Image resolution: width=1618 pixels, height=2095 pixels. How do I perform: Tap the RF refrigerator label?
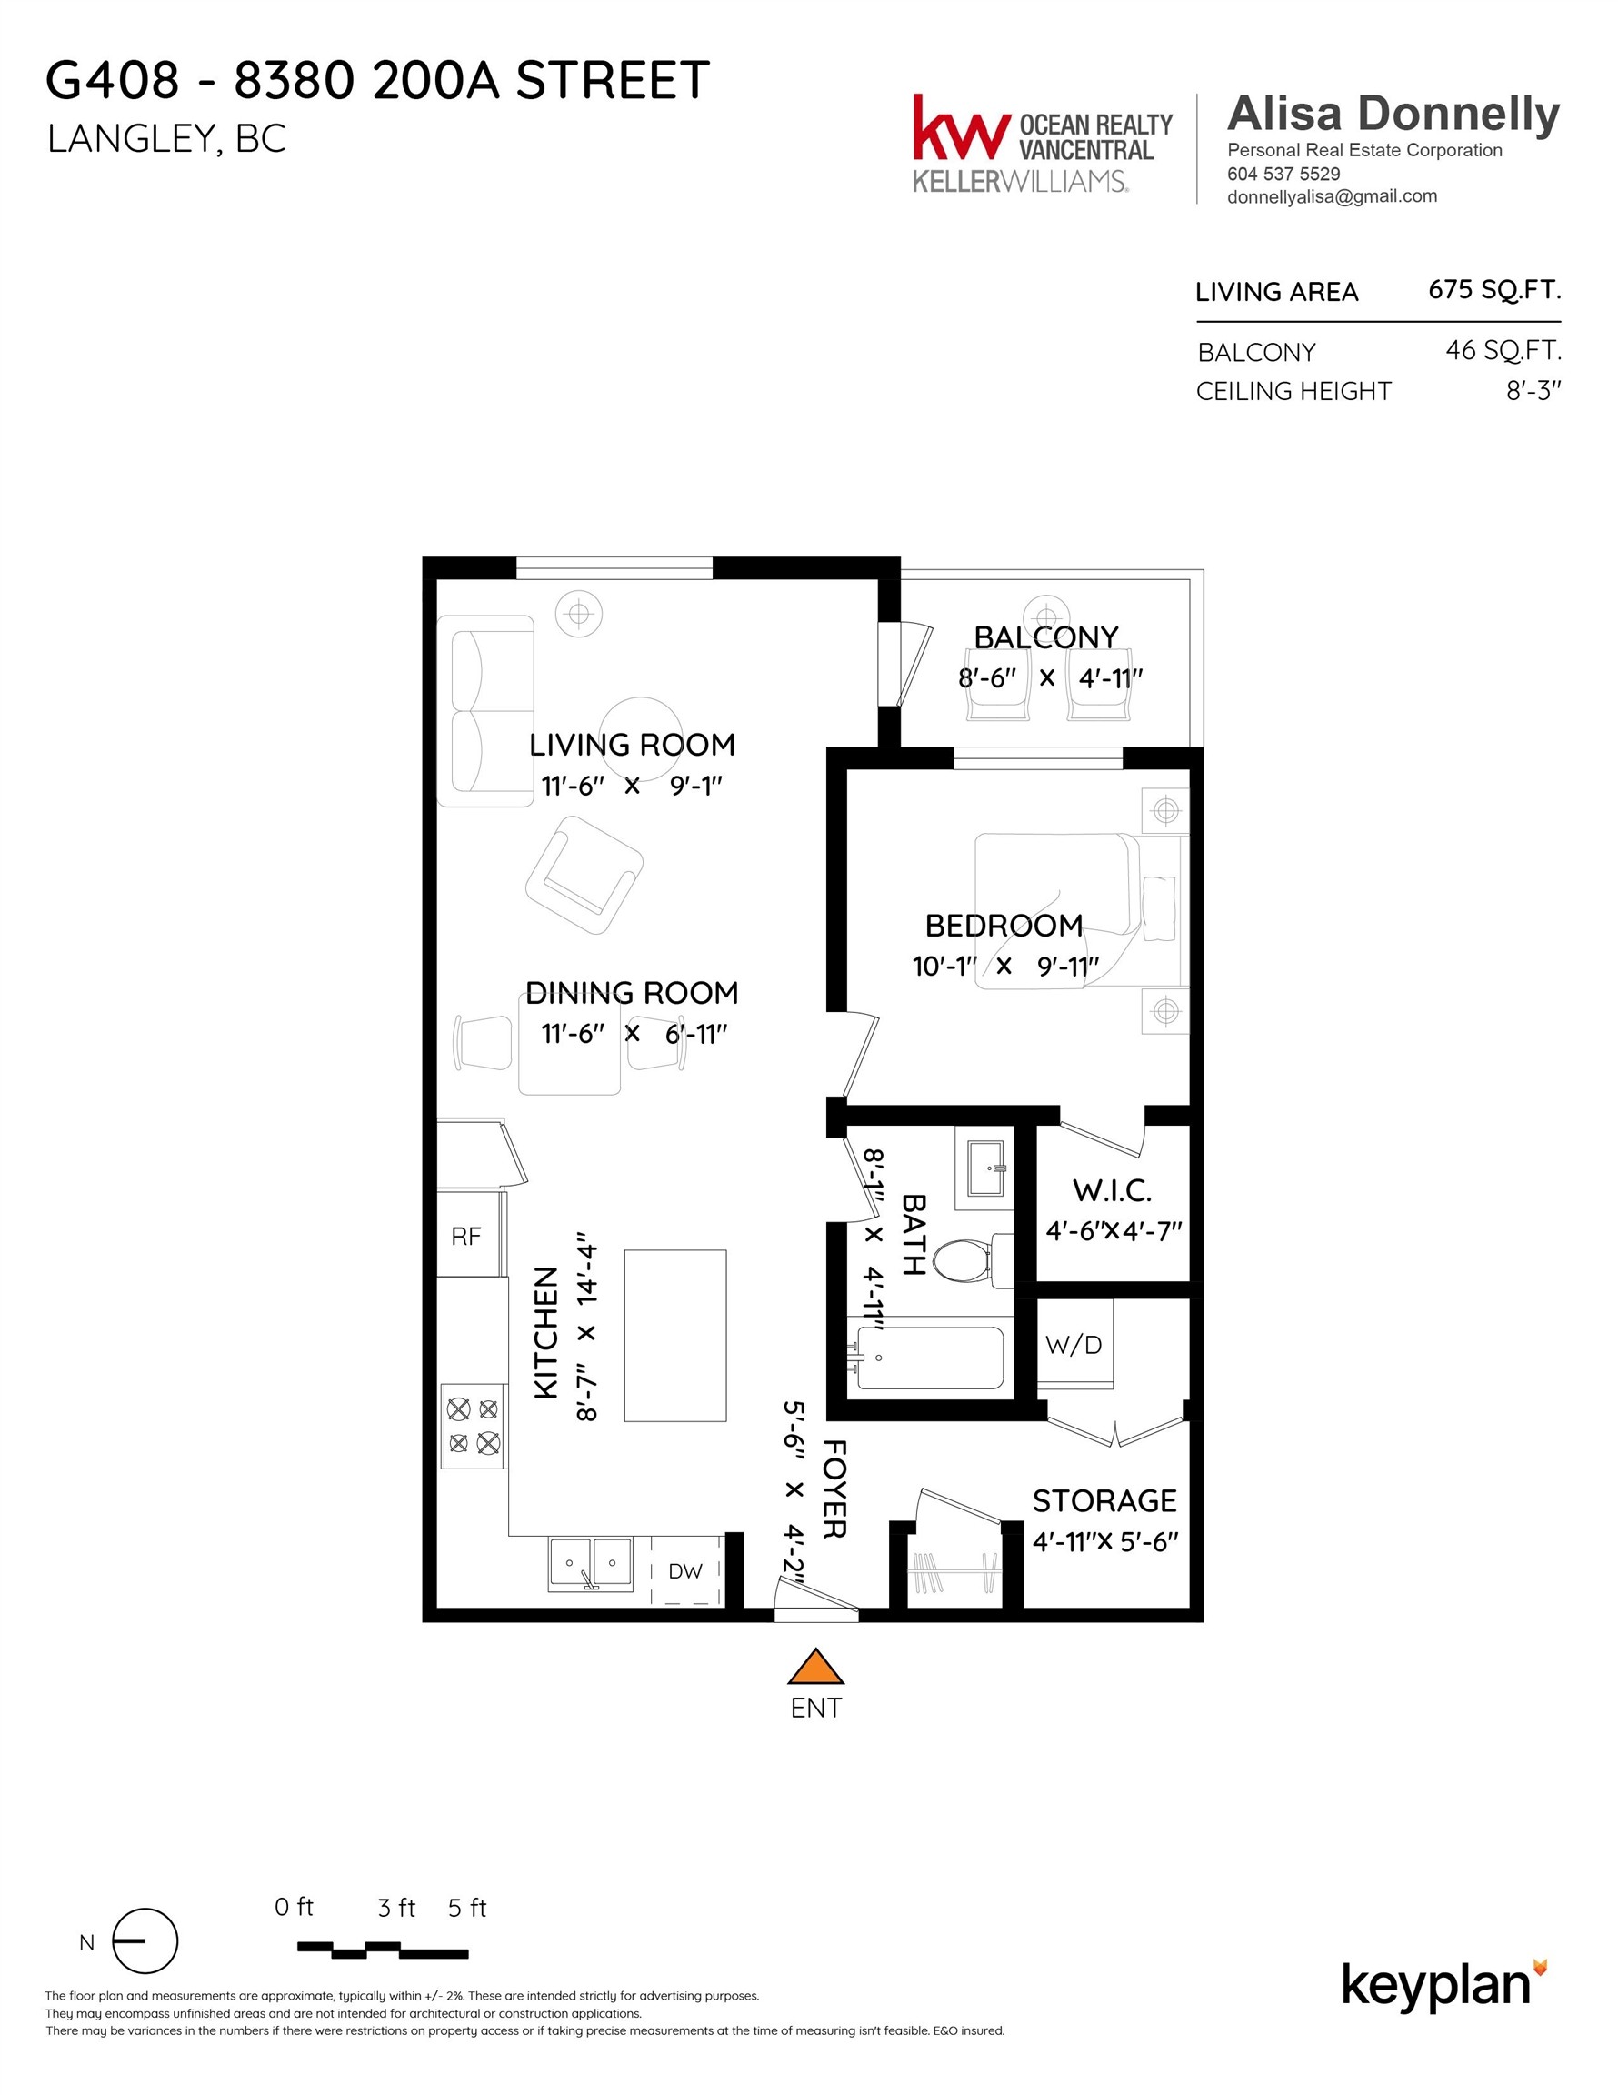tap(466, 1237)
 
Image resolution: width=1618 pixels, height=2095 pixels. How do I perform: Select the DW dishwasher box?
tap(684, 1571)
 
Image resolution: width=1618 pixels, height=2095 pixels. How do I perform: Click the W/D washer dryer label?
tap(1074, 1345)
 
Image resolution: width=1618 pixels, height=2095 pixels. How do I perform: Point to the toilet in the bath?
tap(963, 1260)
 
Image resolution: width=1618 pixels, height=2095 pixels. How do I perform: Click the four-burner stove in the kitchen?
tap(473, 1426)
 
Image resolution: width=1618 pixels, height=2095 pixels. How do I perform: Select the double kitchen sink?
tap(591, 1565)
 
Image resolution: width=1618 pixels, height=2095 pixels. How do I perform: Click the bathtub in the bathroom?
tap(929, 1358)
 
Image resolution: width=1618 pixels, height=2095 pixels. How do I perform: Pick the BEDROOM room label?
tap(1004, 926)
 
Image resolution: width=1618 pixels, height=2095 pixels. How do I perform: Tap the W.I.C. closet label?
tap(1112, 1190)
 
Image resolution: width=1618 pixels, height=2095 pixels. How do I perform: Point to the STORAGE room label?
tap(1104, 1500)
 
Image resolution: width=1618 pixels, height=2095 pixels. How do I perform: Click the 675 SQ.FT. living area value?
tap(1493, 290)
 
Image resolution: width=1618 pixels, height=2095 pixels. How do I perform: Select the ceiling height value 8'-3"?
tap(1533, 390)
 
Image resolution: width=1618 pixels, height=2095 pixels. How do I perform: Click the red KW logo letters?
tap(961, 128)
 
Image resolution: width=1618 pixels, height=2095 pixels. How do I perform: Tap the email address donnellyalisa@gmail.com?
tap(1332, 196)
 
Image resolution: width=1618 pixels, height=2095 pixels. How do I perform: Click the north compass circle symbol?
tap(145, 1941)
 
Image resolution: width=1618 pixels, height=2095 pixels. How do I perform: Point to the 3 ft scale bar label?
tap(396, 1908)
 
